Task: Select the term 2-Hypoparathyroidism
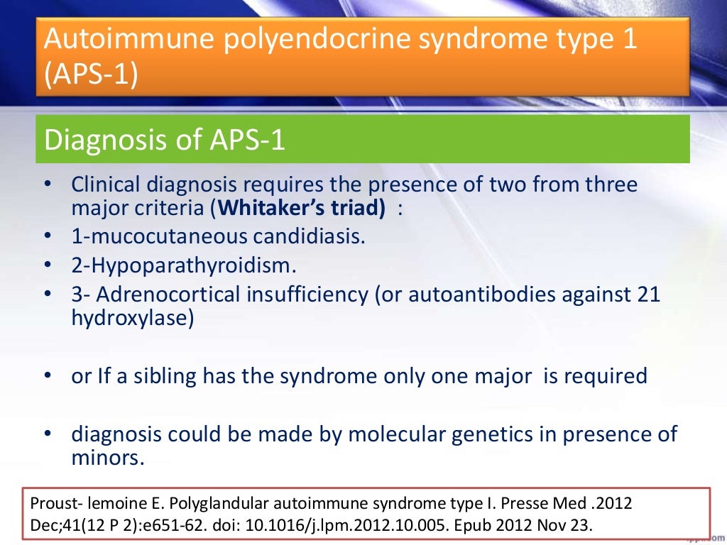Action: pyautogui.click(x=184, y=266)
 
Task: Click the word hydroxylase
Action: pyautogui.click(x=133, y=318)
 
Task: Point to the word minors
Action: pyautogui.click(x=108, y=458)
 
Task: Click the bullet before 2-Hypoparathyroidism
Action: pyautogui.click(x=48, y=266)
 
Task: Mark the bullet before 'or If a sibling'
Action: pyautogui.click(x=48, y=375)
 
